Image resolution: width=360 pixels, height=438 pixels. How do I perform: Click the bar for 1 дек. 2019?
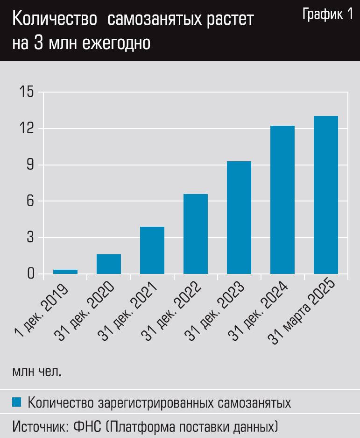[x=65, y=272]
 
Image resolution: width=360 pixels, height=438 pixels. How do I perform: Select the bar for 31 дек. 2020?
[x=109, y=264]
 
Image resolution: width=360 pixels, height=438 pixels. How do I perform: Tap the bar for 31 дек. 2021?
[x=152, y=250]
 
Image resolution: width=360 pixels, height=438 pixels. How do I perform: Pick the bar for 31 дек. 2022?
[x=196, y=234]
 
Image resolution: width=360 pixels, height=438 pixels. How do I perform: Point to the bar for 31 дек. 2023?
[x=239, y=217]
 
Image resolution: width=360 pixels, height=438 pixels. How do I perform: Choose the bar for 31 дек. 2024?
[x=282, y=200]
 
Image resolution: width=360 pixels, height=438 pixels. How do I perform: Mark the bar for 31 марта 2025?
[x=326, y=195]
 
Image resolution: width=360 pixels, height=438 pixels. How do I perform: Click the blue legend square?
[x=17, y=402]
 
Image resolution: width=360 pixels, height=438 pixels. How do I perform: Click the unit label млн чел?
[x=37, y=373]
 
